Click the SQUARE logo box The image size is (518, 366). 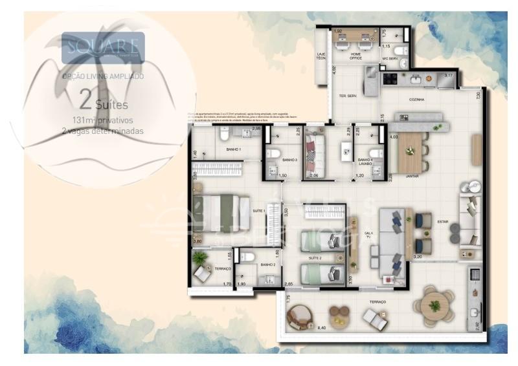click(x=103, y=47)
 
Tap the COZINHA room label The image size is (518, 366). click(x=416, y=100)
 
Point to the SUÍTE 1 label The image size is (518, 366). click(x=259, y=211)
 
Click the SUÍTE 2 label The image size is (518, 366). click(x=315, y=258)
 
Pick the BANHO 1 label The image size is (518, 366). click(x=233, y=149)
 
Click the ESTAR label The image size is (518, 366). click(x=443, y=222)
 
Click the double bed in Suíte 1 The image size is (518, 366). click(x=221, y=213)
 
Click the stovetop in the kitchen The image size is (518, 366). click(x=390, y=80)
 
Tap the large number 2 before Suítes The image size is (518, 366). click(x=85, y=100)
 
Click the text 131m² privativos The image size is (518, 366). click(x=103, y=120)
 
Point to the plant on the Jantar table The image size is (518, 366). click(x=410, y=151)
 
